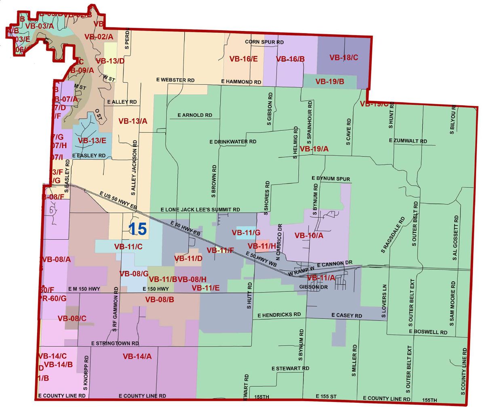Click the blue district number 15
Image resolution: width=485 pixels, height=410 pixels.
coord(137,229)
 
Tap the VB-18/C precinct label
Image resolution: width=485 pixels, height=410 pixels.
coord(344,58)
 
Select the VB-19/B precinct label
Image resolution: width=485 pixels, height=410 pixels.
coord(330,82)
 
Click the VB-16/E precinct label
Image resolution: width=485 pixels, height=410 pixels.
coord(243,59)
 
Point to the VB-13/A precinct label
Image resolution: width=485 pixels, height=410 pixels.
coord(133,121)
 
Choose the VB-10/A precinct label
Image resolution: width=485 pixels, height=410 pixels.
coord(309,236)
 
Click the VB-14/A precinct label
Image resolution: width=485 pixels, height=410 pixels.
coord(137,356)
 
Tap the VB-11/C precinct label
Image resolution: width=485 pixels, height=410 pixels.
coord(128,247)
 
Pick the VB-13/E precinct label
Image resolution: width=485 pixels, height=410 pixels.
coord(92,141)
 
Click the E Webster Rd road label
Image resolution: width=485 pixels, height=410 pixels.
coord(175,80)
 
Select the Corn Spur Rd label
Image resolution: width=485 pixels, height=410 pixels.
coord(264,42)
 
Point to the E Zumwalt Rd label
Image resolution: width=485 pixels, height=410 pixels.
coord(408,141)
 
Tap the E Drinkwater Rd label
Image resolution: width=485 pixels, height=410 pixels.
coord(233,142)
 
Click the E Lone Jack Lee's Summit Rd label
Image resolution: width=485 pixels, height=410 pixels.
coord(200,210)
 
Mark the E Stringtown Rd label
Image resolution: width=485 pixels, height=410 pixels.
coord(115,343)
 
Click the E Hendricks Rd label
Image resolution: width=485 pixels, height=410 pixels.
coord(279,315)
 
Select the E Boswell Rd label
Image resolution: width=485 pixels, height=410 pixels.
coord(428,332)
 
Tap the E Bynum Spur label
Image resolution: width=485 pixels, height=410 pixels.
coord(331,179)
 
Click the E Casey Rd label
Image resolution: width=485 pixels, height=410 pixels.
coord(347,315)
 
